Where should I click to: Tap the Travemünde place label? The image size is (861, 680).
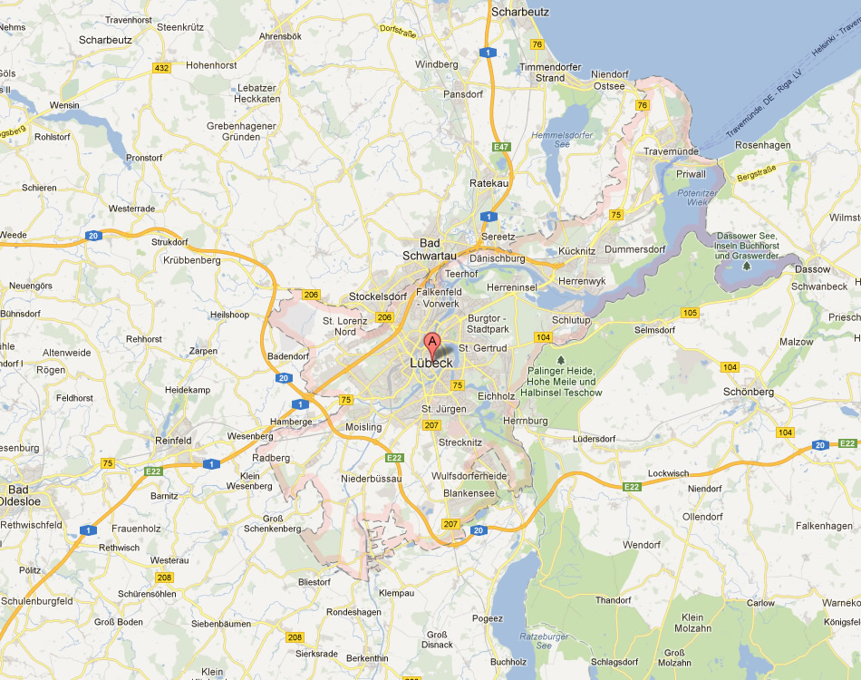pyautogui.click(x=672, y=151)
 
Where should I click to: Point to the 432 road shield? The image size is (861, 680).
pyautogui.click(x=162, y=68)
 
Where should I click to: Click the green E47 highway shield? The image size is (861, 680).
pyautogui.click(x=501, y=147)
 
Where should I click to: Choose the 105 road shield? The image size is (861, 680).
pyautogui.click(x=691, y=313)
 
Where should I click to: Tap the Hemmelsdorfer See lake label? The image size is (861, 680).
pyautogui.click(x=563, y=139)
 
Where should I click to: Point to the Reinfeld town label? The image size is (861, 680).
pyautogui.click(x=174, y=441)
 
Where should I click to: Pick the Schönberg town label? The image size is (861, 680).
pyautogui.click(x=749, y=392)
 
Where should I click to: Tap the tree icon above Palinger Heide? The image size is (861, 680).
pyautogui.click(x=561, y=359)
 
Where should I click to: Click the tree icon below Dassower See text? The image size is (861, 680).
pyautogui.click(x=747, y=266)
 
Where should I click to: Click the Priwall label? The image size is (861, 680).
pyautogui.click(x=691, y=174)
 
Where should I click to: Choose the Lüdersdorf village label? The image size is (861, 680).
pyautogui.click(x=595, y=439)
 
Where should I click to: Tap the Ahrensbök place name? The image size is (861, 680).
pyautogui.click(x=280, y=36)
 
